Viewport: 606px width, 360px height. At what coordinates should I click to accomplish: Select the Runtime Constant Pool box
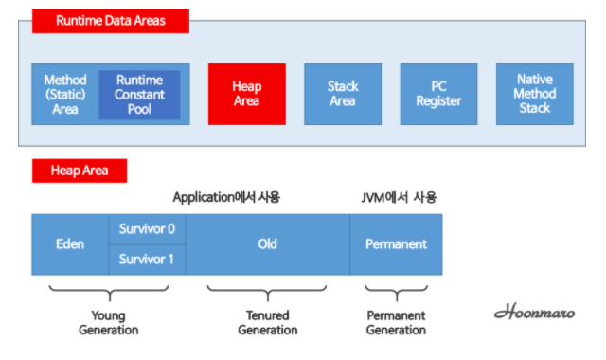(139, 95)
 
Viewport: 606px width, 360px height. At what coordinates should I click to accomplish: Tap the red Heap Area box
(246, 94)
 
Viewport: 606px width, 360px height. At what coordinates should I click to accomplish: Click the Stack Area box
(343, 94)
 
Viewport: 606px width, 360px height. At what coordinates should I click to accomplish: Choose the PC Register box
(438, 94)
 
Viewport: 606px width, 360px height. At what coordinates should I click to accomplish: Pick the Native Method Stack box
(534, 94)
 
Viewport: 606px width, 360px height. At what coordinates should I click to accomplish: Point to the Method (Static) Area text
(65, 95)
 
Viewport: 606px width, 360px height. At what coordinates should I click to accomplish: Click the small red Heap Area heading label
(80, 171)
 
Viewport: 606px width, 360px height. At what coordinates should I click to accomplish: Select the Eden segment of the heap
(70, 243)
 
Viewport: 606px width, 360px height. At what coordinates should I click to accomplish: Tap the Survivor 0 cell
(147, 228)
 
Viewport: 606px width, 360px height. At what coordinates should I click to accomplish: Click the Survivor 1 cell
(147, 259)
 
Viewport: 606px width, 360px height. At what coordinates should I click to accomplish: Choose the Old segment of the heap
(267, 243)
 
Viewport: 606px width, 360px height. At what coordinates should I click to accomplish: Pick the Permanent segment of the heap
(396, 243)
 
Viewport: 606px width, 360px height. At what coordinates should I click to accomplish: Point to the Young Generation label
(109, 322)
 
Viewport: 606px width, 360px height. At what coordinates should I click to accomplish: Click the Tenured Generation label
(267, 322)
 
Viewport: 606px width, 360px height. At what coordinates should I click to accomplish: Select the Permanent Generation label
(396, 322)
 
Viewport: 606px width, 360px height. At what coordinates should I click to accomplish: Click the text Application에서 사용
(226, 197)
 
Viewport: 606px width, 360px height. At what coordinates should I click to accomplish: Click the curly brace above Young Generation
(109, 290)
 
